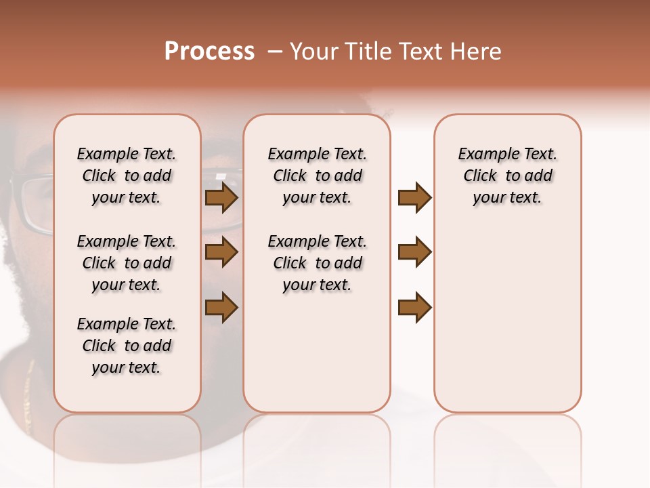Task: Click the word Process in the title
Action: [x=209, y=52]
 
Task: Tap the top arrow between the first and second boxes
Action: [x=221, y=197]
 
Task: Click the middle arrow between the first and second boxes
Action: [x=221, y=252]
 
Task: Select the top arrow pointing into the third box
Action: [x=414, y=197]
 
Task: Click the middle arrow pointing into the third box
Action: [x=414, y=252]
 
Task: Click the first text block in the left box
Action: [x=127, y=176]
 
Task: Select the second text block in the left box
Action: [x=127, y=263]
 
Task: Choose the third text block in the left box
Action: [x=127, y=346]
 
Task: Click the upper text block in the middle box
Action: [x=317, y=176]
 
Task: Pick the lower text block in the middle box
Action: [x=317, y=263]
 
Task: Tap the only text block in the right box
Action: [x=507, y=176]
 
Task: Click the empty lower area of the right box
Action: [x=507, y=325]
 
